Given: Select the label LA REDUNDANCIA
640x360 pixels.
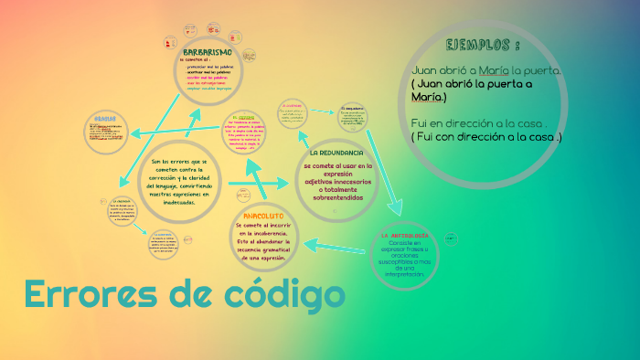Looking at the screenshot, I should (x=337, y=152).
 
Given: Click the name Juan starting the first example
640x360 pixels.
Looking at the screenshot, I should (x=426, y=69).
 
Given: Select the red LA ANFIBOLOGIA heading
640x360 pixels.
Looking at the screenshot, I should (x=404, y=235).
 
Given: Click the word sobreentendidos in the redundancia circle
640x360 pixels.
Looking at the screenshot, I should (x=337, y=197).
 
